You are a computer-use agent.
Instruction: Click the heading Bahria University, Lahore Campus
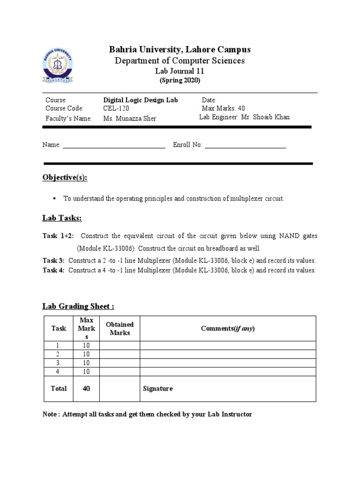pyautogui.click(x=180, y=49)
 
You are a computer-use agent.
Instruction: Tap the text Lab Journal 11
pyautogui.click(x=180, y=71)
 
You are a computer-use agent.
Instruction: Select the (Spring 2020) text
pyautogui.click(x=180, y=81)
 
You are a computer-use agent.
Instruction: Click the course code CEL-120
pyautogui.click(x=116, y=109)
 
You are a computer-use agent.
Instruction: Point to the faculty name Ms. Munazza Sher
pyautogui.click(x=130, y=119)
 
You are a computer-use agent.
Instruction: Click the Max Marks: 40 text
pyautogui.click(x=223, y=109)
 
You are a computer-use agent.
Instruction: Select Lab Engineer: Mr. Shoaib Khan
pyautogui.click(x=244, y=117)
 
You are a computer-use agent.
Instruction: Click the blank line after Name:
pyautogui.click(x=114, y=146)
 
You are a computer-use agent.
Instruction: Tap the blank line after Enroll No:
pyautogui.click(x=245, y=146)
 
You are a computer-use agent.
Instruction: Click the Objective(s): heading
pyautogui.click(x=65, y=178)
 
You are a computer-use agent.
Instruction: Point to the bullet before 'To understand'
pyautogui.click(x=54, y=198)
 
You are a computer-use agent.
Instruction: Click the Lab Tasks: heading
pyautogui.click(x=62, y=218)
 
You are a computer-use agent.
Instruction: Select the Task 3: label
pyautogui.click(x=53, y=261)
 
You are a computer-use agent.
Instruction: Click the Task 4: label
pyautogui.click(x=53, y=270)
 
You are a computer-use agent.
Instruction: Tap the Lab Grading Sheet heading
pyautogui.click(x=78, y=306)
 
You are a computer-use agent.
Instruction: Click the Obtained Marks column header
pyautogui.click(x=120, y=328)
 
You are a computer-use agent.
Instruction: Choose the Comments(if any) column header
pyautogui.click(x=227, y=328)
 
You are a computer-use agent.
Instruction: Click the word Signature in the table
pyautogui.click(x=158, y=389)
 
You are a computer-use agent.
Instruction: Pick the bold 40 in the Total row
pyautogui.click(x=86, y=389)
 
